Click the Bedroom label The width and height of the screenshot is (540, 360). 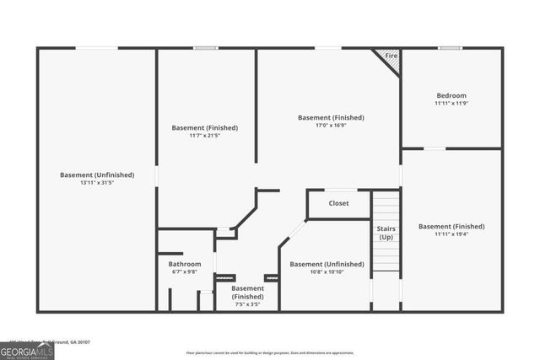[451, 95]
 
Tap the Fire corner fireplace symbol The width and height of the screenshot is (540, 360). [390, 57]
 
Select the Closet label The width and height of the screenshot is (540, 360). [338, 203]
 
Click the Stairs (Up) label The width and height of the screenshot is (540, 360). [386, 233]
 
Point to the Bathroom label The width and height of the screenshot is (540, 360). [185, 264]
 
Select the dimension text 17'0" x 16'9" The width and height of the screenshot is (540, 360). [331, 125]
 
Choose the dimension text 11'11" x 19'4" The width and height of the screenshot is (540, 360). [451, 234]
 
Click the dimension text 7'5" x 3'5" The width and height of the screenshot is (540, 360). [247, 304]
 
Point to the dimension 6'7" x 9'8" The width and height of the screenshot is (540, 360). [185, 271]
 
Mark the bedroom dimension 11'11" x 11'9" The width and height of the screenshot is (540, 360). [451, 103]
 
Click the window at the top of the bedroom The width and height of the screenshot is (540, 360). [450, 48]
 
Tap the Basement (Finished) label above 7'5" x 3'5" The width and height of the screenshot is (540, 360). [247, 293]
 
